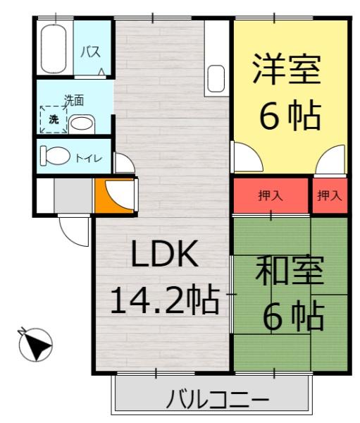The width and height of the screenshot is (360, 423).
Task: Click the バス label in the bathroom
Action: tap(89, 51)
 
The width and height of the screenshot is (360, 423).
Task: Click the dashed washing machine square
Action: tap(53, 118)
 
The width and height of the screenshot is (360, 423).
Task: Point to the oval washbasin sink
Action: tap(82, 124)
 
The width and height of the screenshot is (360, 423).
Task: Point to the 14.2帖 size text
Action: tap(163, 301)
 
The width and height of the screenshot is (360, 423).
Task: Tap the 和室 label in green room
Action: tap(290, 271)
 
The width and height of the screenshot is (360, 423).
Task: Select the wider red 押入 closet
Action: tap(271, 195)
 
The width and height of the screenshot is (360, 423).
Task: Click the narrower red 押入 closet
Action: tap(329, 195)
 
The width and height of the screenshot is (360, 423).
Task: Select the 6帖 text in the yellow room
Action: tap(290, 115)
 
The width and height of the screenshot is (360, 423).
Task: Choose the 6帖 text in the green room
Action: tap(294, 316)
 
